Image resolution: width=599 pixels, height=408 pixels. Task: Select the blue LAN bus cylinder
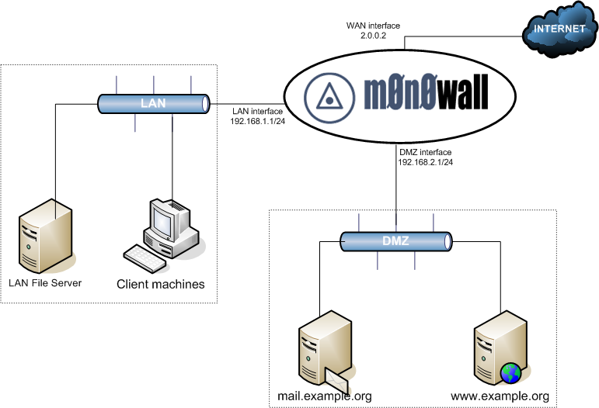[x=154, y=102]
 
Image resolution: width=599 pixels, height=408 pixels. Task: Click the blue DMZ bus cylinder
[x=396, y=242]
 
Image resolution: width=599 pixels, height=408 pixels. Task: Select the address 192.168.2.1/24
[x=426, y=162]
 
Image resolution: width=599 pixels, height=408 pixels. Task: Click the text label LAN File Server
[x=45, y=282]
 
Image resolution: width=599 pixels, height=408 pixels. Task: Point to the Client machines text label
[x=161, y=284]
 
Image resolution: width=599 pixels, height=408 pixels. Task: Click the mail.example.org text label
[x=325, y=396]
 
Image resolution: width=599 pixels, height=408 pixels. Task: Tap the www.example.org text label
[x=500, y=396]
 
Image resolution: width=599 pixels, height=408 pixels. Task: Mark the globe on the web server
[x=510, y=373]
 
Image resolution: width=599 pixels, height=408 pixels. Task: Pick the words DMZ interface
[x=425, y=152]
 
